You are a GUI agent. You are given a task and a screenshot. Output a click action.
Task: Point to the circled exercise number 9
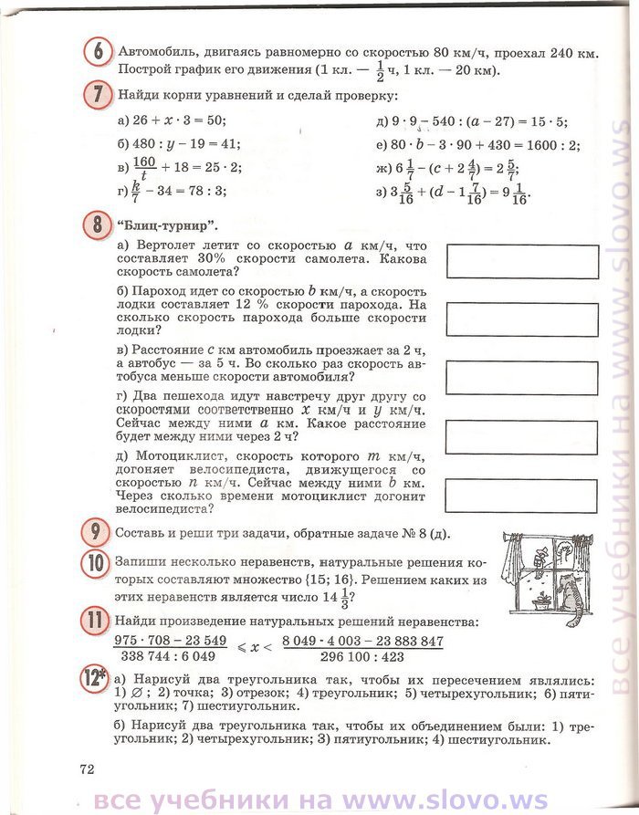point(98,532)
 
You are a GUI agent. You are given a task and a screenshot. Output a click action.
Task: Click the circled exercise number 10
point(98,563)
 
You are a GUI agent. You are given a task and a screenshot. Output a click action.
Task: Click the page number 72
point(87,768)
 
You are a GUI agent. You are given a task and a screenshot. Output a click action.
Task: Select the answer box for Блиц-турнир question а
point(522,262)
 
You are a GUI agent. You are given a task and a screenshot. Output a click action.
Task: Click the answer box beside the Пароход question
point(522,319)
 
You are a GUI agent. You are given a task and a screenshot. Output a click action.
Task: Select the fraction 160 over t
point(146,167)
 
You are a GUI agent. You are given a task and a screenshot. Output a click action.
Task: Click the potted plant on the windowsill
point(542,601)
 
